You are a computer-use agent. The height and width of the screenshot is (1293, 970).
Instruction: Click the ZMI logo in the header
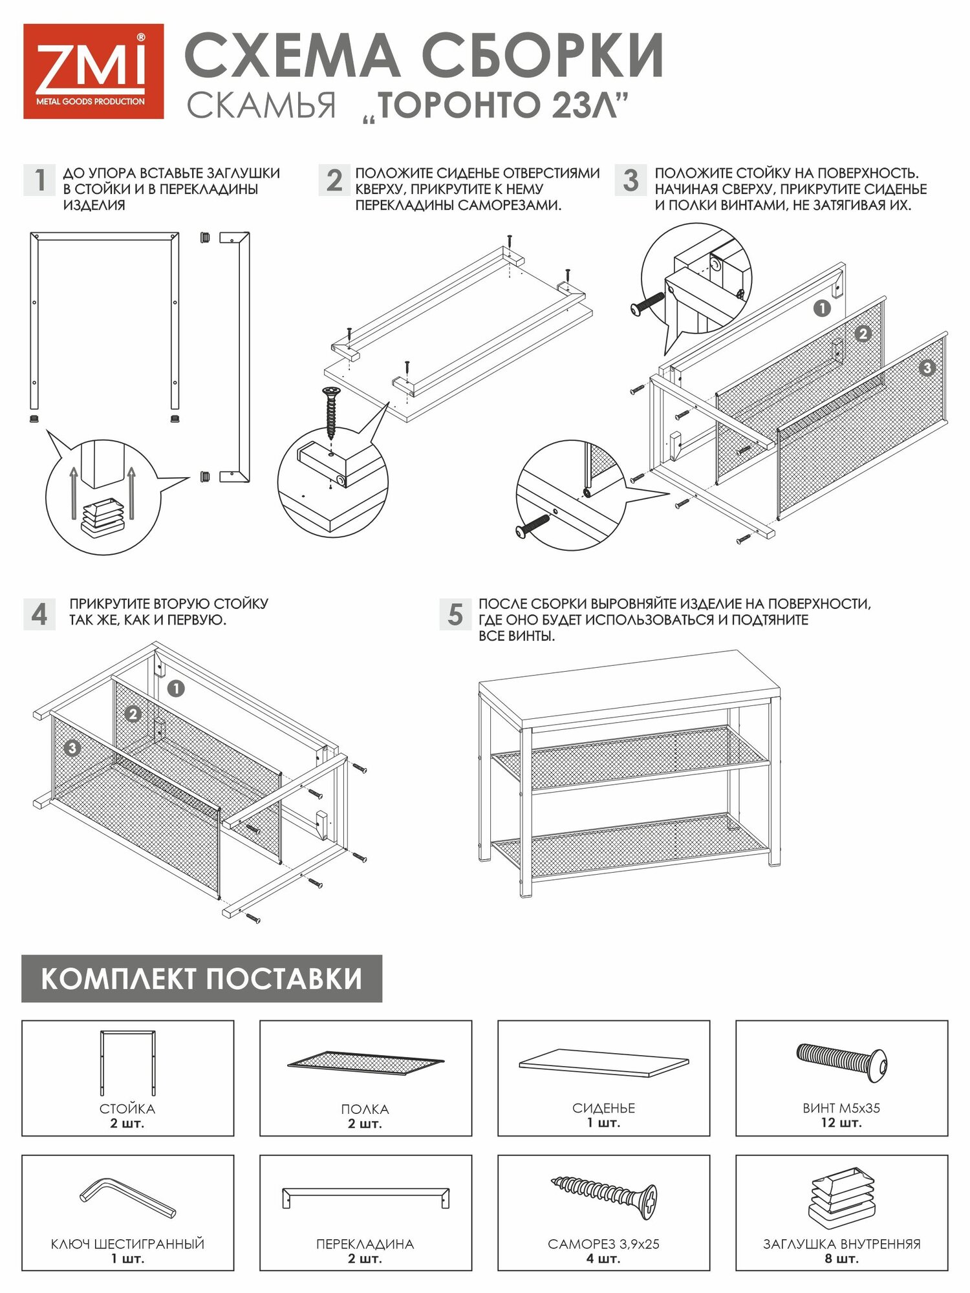(93, 71)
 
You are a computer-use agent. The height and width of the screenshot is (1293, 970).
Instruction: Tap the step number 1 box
(40, 180)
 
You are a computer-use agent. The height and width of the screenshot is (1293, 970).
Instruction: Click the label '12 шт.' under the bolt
(841, 1123)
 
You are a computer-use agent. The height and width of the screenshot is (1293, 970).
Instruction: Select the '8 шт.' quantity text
(841, 1259)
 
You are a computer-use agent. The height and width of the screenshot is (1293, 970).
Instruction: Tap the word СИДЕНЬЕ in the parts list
(603, 1108)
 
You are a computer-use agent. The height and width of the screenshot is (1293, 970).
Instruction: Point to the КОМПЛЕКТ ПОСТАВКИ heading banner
(202, 978)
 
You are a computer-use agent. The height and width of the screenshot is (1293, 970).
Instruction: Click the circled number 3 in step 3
(927, 368)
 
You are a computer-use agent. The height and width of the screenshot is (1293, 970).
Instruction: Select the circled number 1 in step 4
(176, 689)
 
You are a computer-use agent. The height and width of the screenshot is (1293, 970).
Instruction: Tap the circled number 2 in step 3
(863, 334)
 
